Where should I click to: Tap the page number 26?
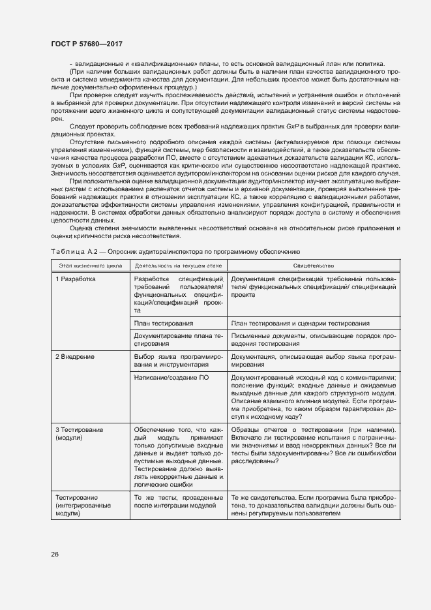54,554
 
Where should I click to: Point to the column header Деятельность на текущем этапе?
178,266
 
